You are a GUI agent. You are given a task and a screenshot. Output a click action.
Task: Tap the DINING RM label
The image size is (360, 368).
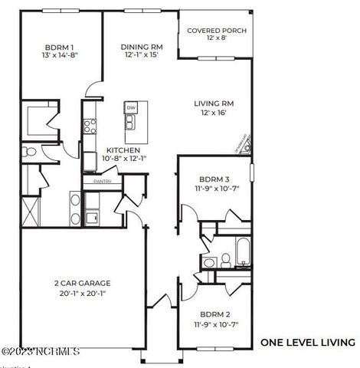[x=141, y=46]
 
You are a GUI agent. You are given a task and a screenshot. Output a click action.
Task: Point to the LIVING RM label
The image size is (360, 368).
[x=217, y=102]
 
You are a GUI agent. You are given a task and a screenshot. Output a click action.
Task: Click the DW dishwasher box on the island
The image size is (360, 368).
[x=131, y=108]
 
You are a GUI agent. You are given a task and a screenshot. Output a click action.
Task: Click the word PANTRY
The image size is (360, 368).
[x=103, y=182]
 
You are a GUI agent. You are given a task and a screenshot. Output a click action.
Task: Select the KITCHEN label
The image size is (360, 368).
[x=123, y=150]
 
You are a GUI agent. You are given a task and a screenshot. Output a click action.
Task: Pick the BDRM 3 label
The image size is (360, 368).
[x=214, y=179]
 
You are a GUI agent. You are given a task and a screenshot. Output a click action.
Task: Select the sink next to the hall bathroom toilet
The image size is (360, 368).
[x=208, y=263]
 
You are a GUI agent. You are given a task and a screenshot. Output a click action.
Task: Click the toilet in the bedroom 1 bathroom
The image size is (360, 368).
[x=25, y=150]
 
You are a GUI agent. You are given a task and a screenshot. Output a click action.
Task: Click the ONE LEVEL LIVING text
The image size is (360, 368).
[x=307, y=342]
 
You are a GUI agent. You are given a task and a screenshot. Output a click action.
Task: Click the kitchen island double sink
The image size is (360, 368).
[x=131, y=123]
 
